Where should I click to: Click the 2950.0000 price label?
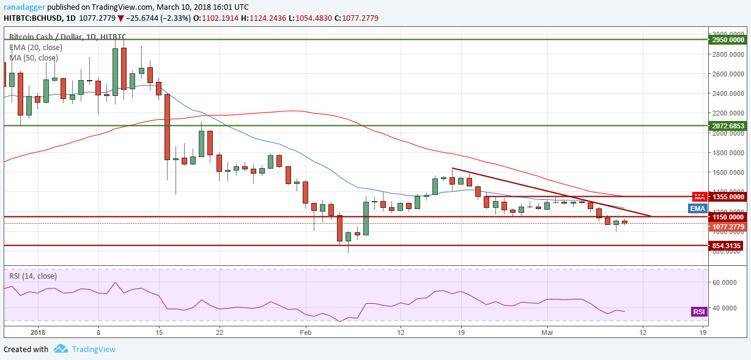[728, 39]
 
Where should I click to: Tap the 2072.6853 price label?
[728, 125]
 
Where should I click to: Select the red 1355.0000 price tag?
[728, 197]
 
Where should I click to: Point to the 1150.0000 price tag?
[728, 217]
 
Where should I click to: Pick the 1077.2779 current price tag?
[728, 227]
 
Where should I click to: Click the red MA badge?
[700, 197]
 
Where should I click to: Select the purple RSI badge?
[698, 312]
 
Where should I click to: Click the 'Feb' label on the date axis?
[305, 332]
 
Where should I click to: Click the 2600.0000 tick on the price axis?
[728, 74]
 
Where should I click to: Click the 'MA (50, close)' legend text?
[34, 58]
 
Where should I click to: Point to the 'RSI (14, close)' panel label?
[34, 275]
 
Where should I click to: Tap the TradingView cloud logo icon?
[61, 349]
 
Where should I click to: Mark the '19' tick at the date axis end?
[703, 332]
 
